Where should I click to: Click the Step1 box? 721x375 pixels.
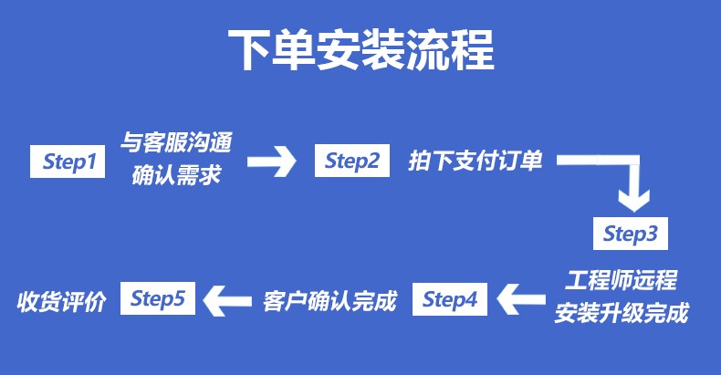pyautogui.click(x=68, y=161)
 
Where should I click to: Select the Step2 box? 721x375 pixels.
pyautogui.click(x=352, y=161)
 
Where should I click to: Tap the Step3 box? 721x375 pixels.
pyautogui.click(x=631, y=234)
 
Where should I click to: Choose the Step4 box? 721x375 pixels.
pyautogui.click(x=450, y=299)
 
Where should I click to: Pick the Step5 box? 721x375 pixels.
pyautogui.click(x=158, y=298)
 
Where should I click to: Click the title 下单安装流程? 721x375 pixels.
pyautogui.click(x=361, y=49)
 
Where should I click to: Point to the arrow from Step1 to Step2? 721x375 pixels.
pyautogui.click(x=272, y=161)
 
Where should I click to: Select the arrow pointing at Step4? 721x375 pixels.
pyautogui.click(x=521, y=299)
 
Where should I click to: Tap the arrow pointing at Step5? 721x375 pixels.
pyautogui.click(x=227, y=301)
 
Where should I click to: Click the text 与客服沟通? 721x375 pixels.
pyautogui.click(x=176, y=142)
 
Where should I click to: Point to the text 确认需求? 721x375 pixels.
pyautogui.click(x=176, y=175)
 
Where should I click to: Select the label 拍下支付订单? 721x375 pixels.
pyautogui.click(x=475, y=161)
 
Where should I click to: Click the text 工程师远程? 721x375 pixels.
pyautogui.click(x=621, y=280)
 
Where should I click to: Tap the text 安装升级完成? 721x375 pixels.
pyautogui.click(x=622, y=313)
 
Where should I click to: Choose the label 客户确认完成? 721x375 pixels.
pyautogui.click(x=329, y=301)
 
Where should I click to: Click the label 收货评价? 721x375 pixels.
pyautogui.click(x=61, y=302)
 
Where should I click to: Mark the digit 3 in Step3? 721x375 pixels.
pyautogui.click(x=651, y=234)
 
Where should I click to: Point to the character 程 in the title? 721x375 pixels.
pyautogui.click(x=473, y=49)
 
